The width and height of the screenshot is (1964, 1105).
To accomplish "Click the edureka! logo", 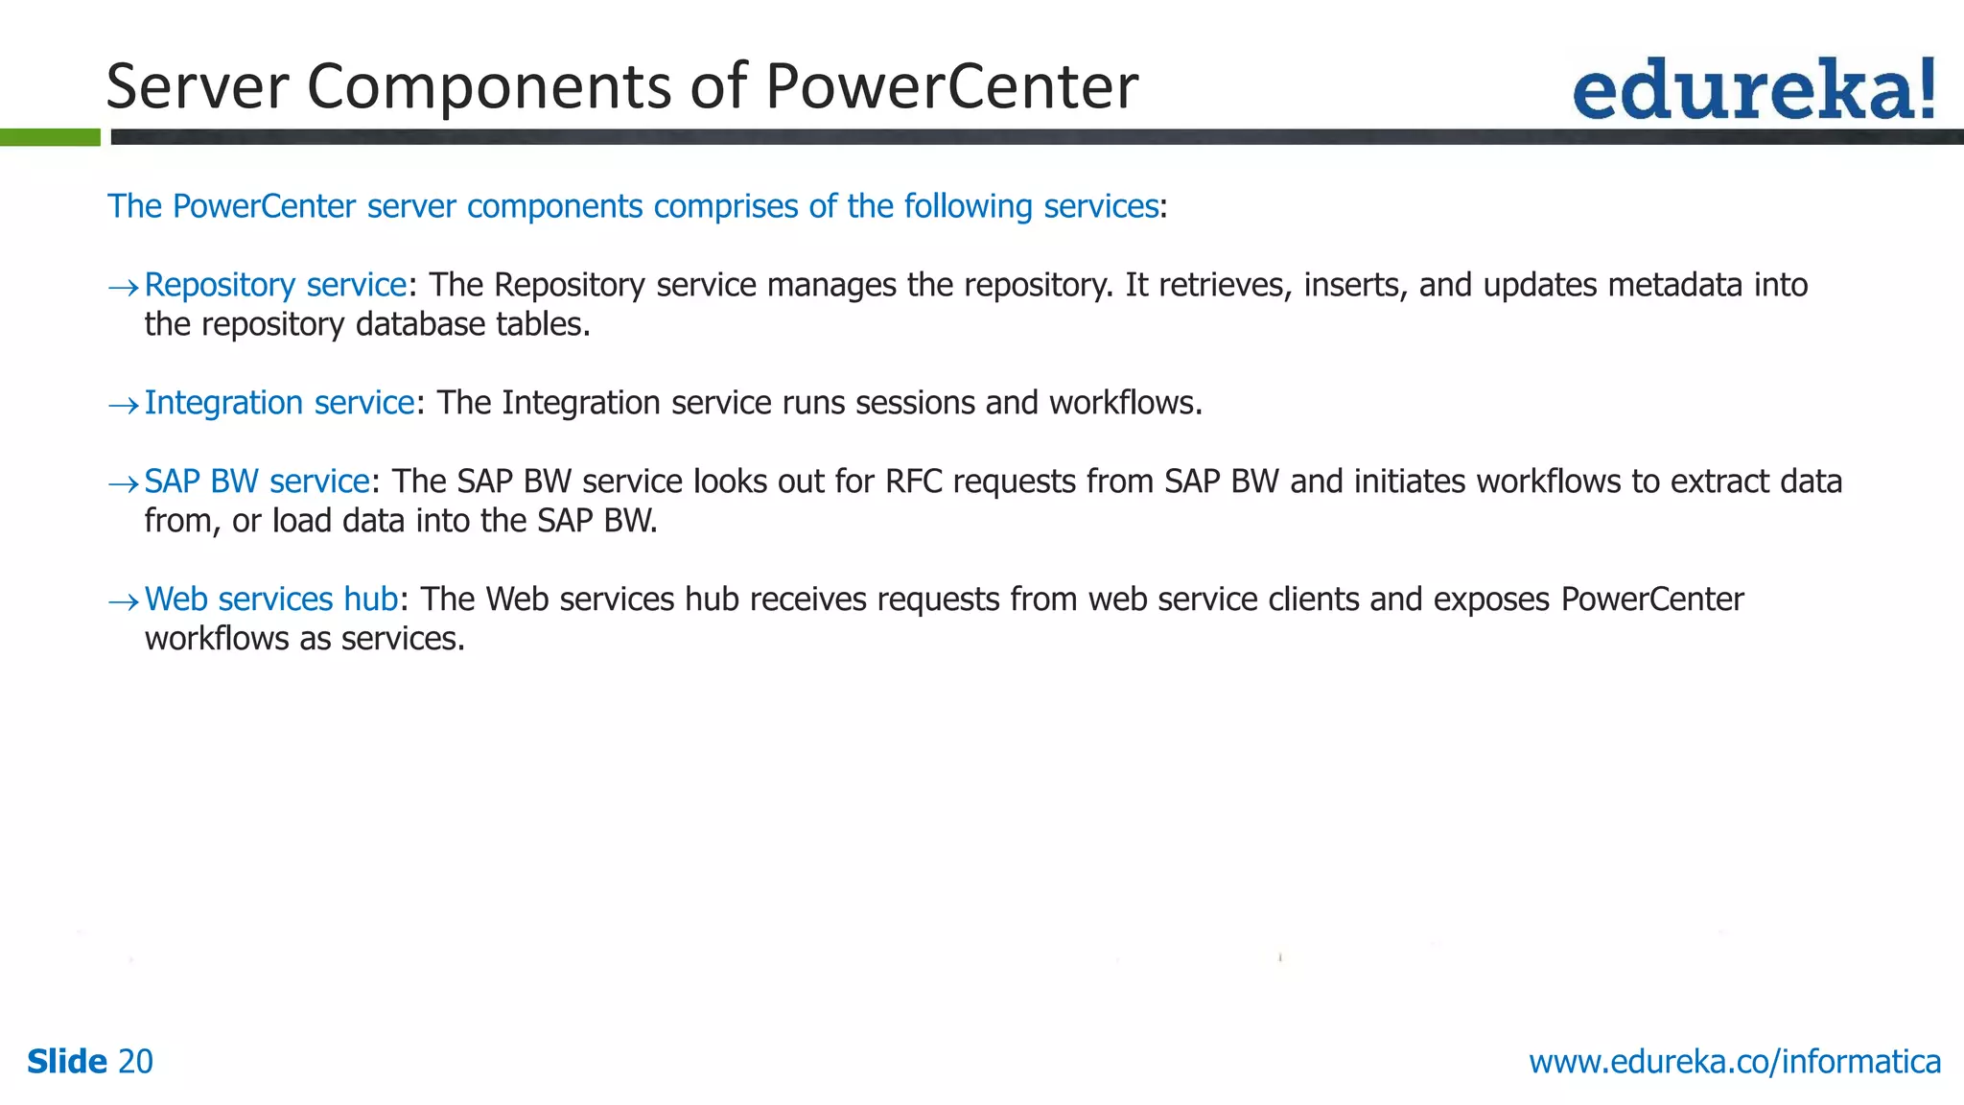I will pyautogui.click(x=1753, y=89).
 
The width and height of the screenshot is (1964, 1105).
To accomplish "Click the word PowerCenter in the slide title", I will pyautogui.click(x=951, y=86).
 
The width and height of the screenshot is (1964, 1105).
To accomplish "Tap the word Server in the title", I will pyautogui.click(x=197, y=86).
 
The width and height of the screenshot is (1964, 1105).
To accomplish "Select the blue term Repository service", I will pyautogui.click(x=275, y=285).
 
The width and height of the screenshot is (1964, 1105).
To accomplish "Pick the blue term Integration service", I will pyautogui.click(x=279, y=403).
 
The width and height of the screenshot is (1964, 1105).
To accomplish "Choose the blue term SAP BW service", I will pyautogui.click(x=257, y=482).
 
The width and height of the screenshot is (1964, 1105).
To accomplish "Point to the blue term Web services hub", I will pyautogui.click(x=271, y=600).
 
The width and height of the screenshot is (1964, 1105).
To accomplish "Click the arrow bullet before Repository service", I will pyautogui.click(x=123, y=287).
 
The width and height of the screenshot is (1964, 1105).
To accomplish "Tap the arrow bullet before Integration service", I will pyautogui.click(x=123, y=405).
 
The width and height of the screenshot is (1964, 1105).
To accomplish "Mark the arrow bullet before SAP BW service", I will pyautogui.click(x=123, y=483).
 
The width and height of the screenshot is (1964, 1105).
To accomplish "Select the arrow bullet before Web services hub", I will pyautogui.click(x=123, y=601).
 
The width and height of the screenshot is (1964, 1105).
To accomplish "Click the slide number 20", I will pyautogui.click(x=135, y=1062).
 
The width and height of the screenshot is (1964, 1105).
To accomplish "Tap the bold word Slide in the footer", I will pyautogui.click(x=67, y=1062).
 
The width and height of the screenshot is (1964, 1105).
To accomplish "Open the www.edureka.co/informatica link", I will pyautogui.click(x=1734, y=1062).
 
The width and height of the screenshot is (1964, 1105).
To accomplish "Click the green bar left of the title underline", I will pyautogui.click(x=50, y=137).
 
